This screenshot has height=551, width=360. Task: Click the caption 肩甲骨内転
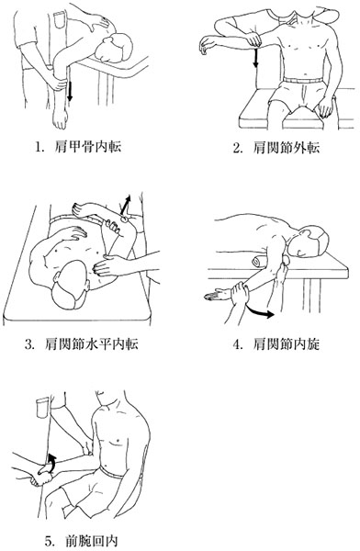[x=88, y=147]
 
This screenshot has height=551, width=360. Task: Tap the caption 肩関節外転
[x=287, y=148]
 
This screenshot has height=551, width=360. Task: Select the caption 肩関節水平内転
[x=92, y=343]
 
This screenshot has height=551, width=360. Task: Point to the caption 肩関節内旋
[x=287, y=344]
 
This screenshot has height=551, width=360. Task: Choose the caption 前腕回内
[x=92, y=541]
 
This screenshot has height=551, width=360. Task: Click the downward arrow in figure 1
[x=70, y=91]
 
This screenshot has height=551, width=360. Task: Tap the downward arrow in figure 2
[x=255, y=58]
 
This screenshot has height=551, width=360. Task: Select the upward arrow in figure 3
[x=125, y=205]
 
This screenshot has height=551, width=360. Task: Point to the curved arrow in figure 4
[x=260, y=312]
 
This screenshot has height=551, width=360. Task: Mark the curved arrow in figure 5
[x=52, y=461]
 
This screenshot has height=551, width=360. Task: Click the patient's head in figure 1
[x=116, y=48]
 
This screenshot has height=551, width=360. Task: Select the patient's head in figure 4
[x=309, y=242]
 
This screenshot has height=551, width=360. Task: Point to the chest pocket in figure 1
[x=59, y=19]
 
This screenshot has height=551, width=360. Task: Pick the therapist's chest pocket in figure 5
[x=43, y=407]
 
